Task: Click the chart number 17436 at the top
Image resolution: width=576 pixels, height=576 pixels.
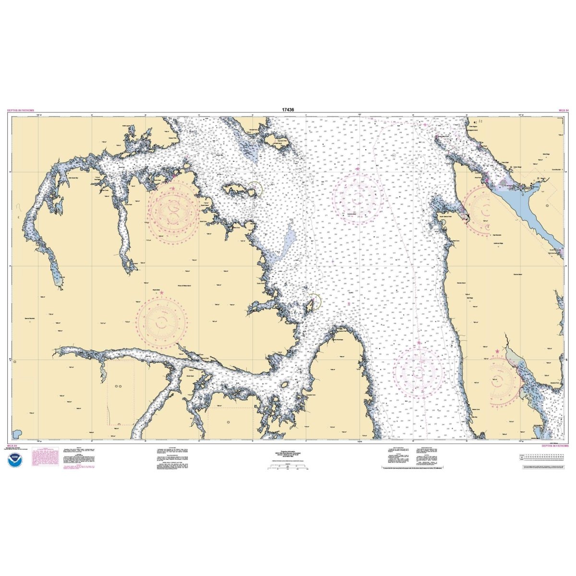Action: click(288, 109)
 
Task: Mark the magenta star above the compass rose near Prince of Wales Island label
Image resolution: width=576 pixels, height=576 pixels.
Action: click(161, 292)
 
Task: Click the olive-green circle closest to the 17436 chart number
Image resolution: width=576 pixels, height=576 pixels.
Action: click(255, 189)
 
